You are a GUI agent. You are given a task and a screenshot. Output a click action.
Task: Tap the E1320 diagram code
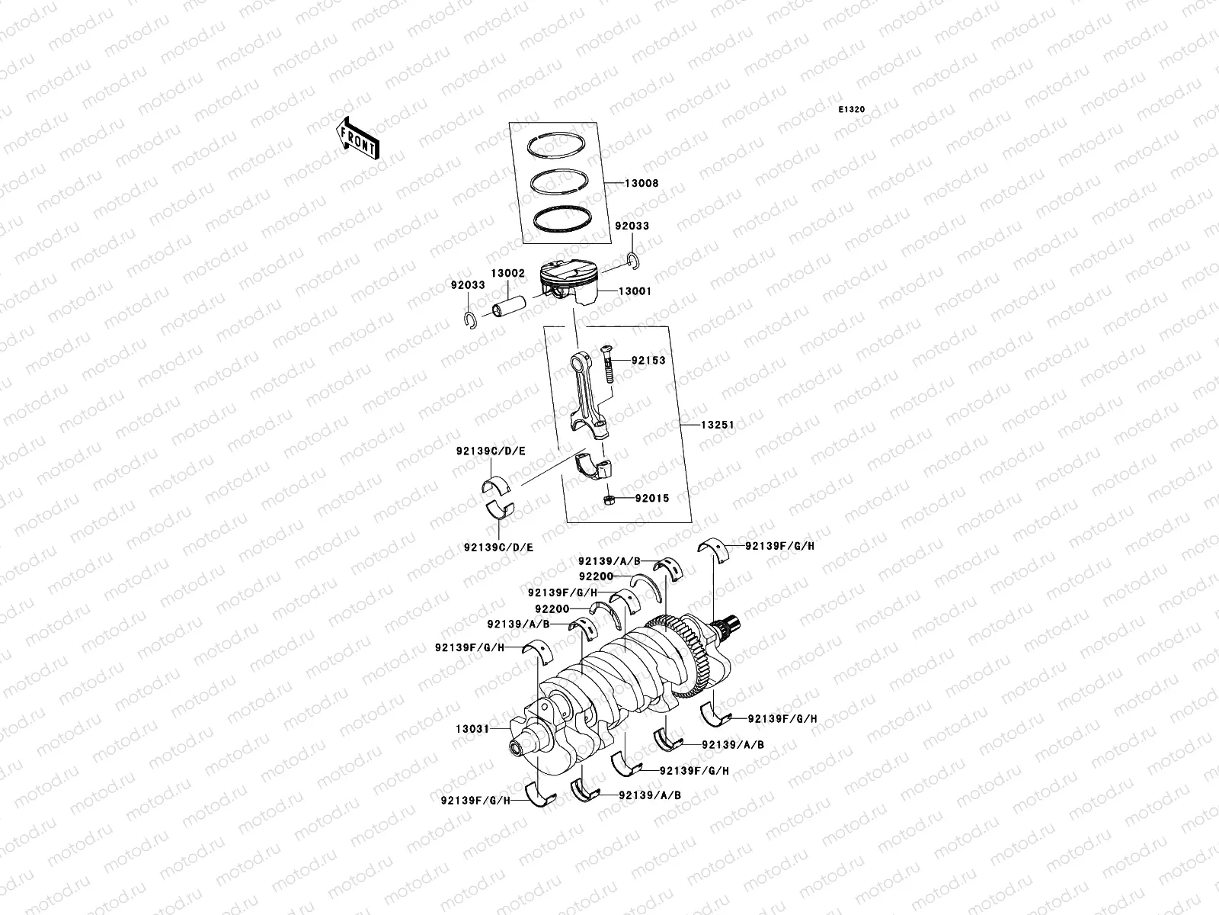pyautogui.click(x=852, y=110)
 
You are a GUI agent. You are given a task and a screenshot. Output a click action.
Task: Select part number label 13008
pyautogui.click(x=641, y=184)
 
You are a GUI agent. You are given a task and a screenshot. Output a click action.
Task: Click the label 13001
pyautogui.click(x=634, y=291)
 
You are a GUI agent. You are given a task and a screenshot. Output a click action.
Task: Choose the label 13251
pyautogui.click(x=716, y=424)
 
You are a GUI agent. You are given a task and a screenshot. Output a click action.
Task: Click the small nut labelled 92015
pyautogui.click(x=609, y=499)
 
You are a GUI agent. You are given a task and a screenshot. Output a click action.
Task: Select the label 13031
pyautogui.click(x=472, y=729)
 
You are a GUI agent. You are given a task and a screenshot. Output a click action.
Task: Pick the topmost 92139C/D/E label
pyautogui.click(x=491, y=451)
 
